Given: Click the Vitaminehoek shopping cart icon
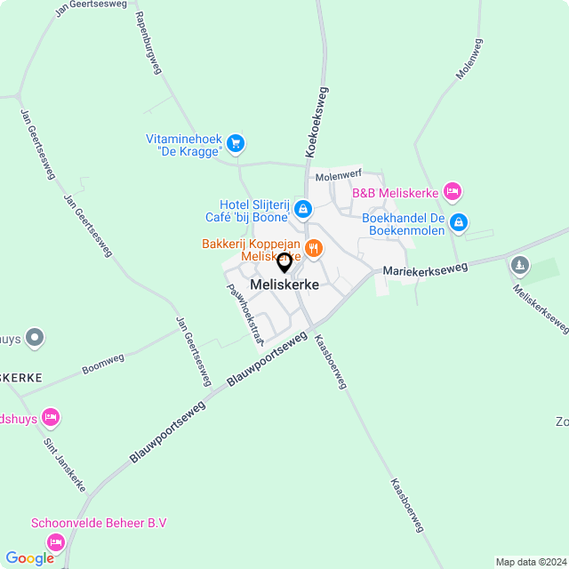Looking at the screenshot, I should coord(236,142).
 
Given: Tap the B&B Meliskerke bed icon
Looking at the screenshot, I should coord(453,192).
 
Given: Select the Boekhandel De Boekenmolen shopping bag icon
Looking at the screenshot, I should coord(459,222).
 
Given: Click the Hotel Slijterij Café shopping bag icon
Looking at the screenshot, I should coord(303,210).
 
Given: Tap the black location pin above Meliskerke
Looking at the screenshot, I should coord(284,263).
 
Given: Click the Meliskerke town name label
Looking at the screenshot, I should coord(284,284).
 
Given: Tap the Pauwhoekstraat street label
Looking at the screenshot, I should coord(245,314).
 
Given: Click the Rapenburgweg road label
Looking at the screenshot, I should coord(148,43).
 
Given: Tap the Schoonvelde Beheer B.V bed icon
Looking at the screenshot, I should coord(56,541).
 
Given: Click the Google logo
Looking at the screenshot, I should coord(30,557).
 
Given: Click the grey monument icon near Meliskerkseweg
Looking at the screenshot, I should coord(520,265).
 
